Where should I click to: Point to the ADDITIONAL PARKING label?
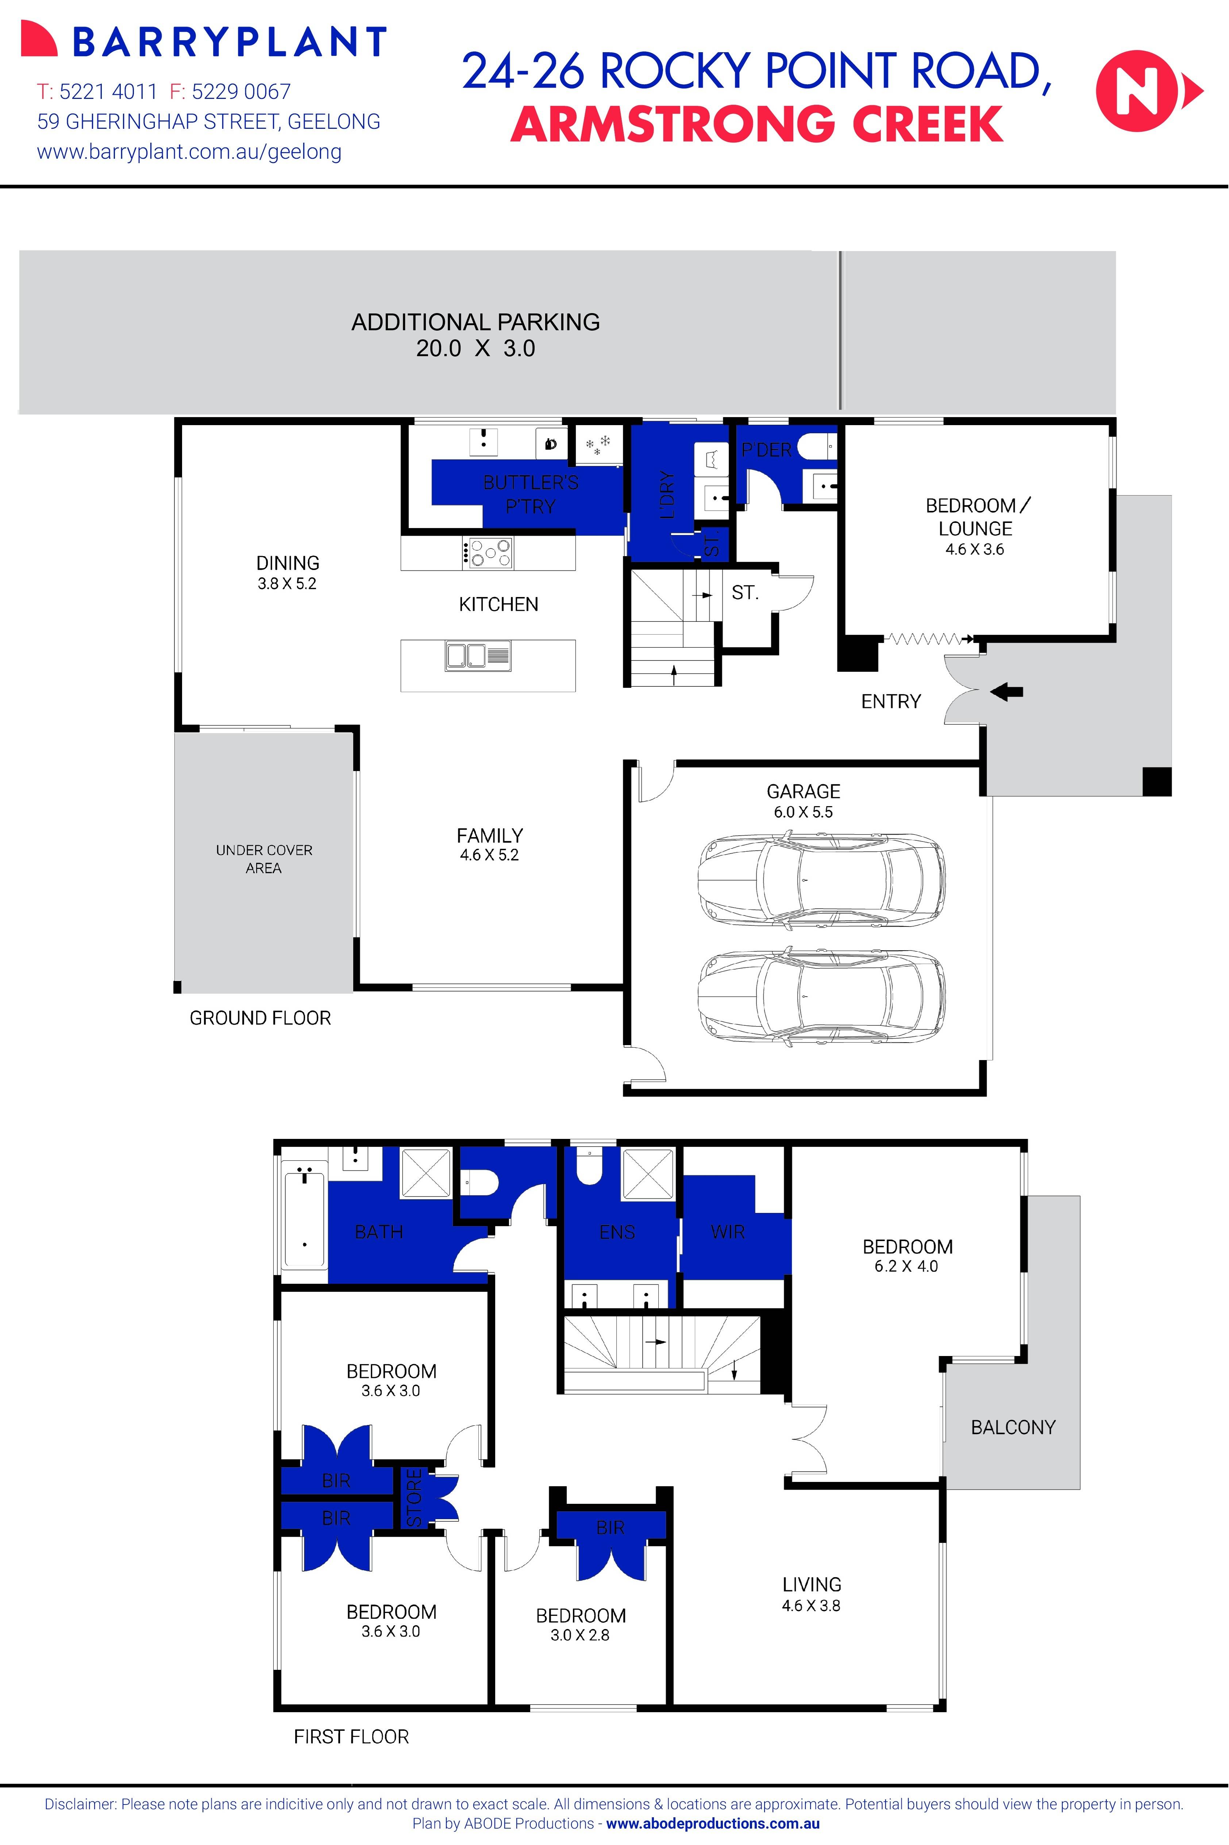point(476,322)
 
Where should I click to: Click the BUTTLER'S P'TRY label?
point(531,494)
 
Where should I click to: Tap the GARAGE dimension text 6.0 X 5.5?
point(804,812)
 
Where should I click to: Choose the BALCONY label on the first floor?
point(1013,1427)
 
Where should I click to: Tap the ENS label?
point(617,1232)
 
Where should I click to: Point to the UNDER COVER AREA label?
point(264,859)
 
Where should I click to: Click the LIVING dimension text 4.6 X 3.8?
point(811,1605)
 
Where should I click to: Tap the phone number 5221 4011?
point(108,92)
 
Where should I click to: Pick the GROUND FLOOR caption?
point(260,1018)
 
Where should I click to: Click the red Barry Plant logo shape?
point(39,39)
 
